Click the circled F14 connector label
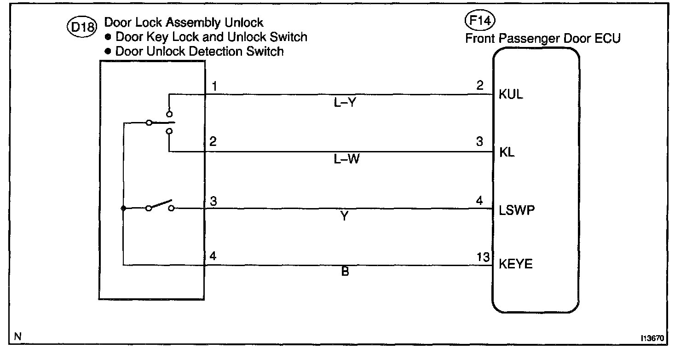[x=477, y=21]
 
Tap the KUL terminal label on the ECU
[x=511, y=96]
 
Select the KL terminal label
[x=507, y=152]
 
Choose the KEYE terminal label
[x=516, y=264]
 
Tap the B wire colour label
[x=345, y=272]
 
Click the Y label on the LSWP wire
[x=345, y=216]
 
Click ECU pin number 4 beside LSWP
[x=479, y=201]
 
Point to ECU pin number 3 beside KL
[x=479, y=142]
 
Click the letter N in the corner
[x=18, y=337]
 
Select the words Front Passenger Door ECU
[x=543, y=39]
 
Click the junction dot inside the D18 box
[x=123, y=209]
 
